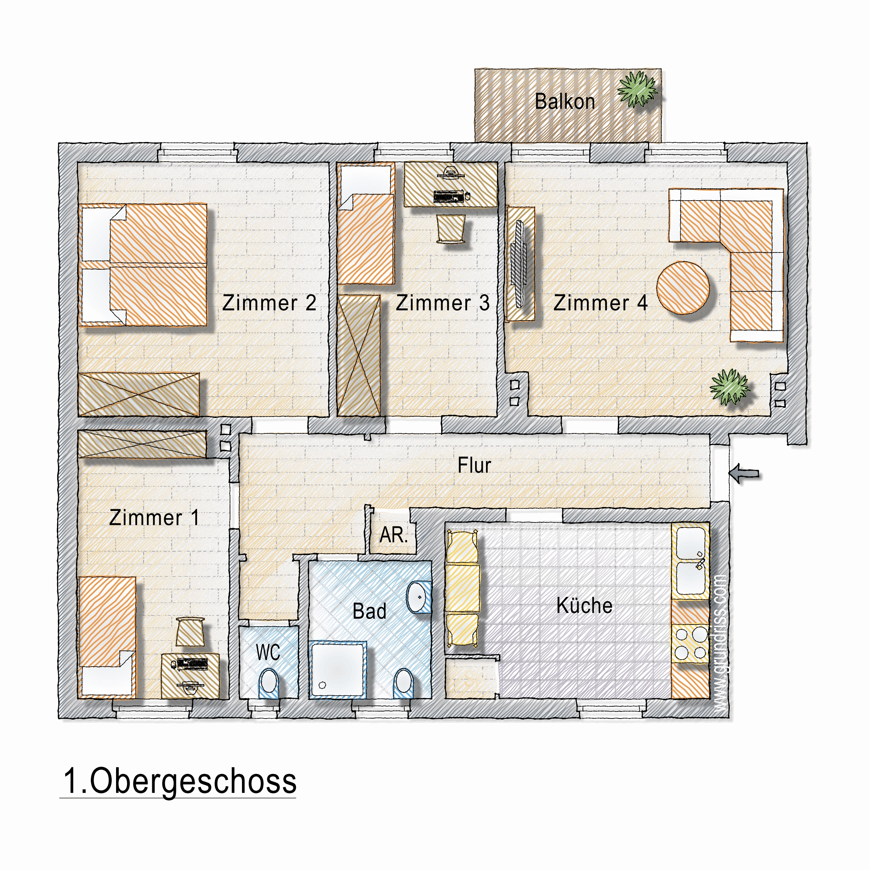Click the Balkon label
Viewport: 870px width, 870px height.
565,101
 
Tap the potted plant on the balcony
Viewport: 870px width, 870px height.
638,89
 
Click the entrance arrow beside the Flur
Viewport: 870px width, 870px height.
743,474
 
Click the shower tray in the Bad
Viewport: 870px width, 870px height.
338,670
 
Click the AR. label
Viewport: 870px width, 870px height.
393,535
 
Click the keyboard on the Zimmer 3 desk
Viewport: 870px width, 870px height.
448,196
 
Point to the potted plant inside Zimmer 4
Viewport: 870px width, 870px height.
729,387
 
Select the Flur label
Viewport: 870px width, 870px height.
474,465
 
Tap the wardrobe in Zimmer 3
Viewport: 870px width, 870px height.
359,356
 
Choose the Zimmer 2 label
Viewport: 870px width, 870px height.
269,303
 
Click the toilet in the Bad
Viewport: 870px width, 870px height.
404,683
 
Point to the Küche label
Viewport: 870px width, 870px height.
585,606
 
